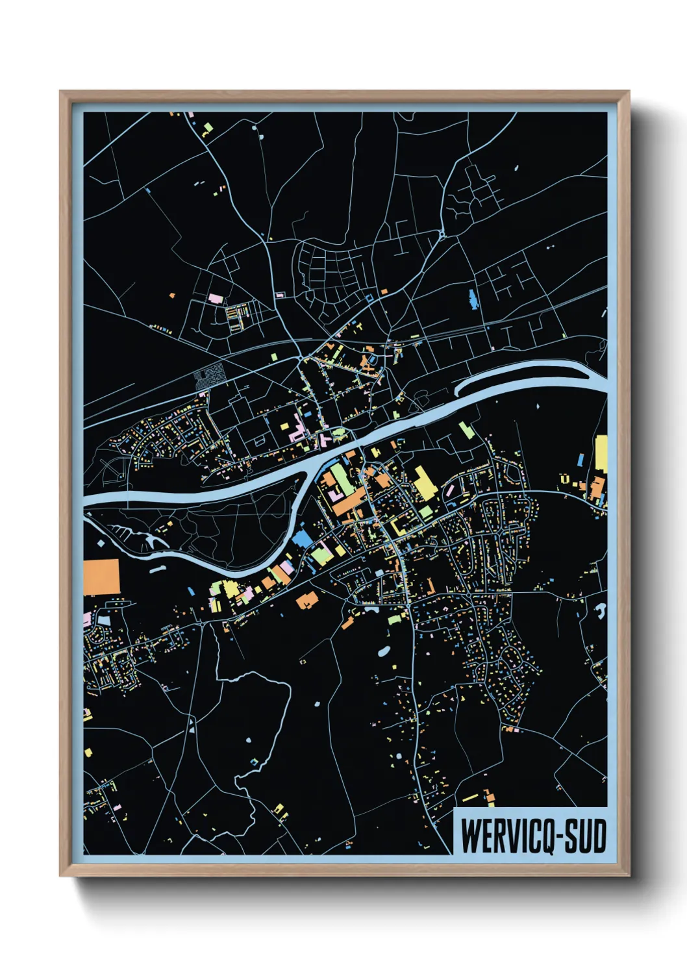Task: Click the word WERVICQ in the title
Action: (506, 836)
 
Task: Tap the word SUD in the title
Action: (584, 836)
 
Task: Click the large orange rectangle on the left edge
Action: (102, 577)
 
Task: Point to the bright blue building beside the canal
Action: (303, 539)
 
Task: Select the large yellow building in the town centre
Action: (424, 484)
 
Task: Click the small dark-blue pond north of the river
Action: (472, 299)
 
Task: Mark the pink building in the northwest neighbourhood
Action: (215, 299)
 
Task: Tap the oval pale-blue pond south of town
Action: (384, 651)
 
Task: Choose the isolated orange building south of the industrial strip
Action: (306, 600)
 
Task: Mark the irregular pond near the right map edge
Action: (601, 610)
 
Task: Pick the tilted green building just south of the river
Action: (464, 429)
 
